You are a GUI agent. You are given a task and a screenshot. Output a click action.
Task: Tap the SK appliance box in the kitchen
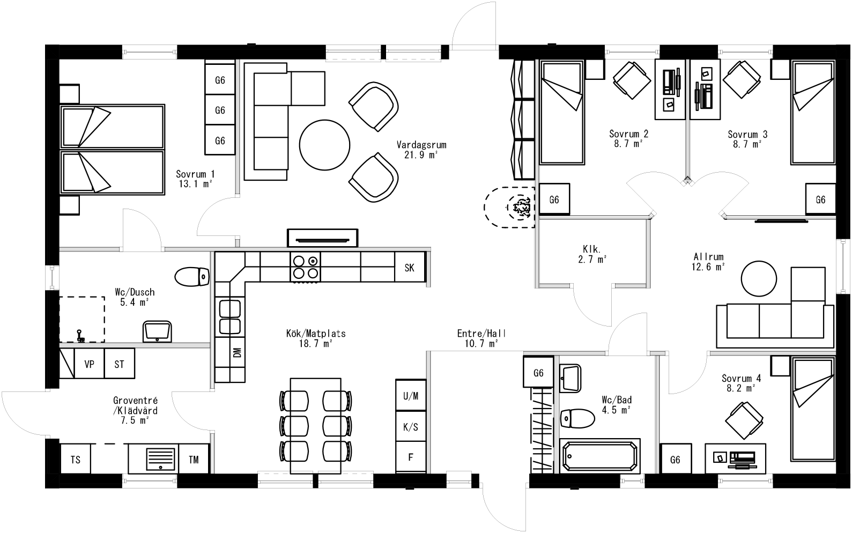click(x=409, y=268)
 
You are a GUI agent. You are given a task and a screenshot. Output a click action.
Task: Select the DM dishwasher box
click(x=237, y=352)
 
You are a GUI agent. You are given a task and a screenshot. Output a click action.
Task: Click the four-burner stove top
click(x=306, y=266)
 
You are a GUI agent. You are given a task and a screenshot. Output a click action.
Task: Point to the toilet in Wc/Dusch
click(x=191, y=277)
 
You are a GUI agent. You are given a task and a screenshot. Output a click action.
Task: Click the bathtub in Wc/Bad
click(x=599, y=455)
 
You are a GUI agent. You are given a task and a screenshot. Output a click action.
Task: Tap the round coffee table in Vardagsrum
click(x=325, y=145)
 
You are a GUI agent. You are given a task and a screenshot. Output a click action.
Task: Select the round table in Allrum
click(x=758, y=278)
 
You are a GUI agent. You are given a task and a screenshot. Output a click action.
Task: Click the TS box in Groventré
click(x=75, y=460)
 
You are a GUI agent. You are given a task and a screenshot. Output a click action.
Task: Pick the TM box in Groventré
click(x=194, y=460)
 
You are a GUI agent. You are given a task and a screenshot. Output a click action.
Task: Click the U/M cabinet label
click(x=410, y=396)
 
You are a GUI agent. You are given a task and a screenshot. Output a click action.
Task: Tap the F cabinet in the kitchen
click(x=410, y=457)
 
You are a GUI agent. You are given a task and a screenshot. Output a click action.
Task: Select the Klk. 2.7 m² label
click(x=593, y=254)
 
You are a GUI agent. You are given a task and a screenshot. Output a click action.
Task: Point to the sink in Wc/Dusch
click(x=157, y=331)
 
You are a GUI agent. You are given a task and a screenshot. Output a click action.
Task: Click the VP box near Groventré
click(x=89, y=364)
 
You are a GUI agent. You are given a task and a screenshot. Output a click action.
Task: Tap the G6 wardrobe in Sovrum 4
click(x=675, y=460)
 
